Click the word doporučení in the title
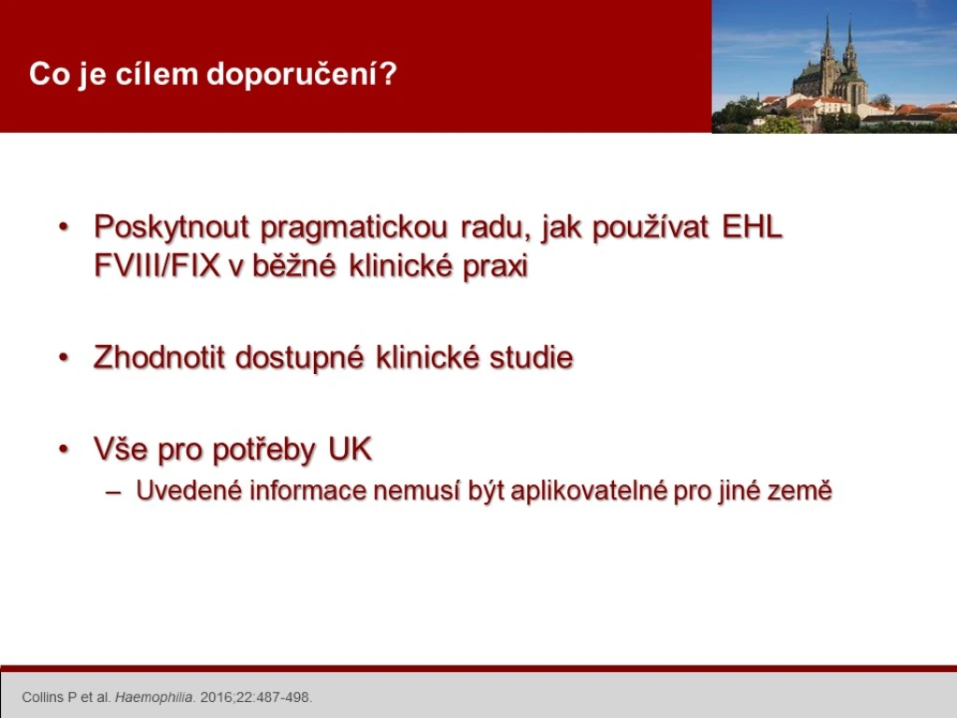(302, 75)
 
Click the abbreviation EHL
(751, 226)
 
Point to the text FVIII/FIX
(157, 266)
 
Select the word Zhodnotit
(159, 357)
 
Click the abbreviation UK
(350, 449)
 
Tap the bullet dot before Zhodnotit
(64, 358)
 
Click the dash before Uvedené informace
(113, 492)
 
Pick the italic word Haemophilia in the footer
(154, 697)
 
